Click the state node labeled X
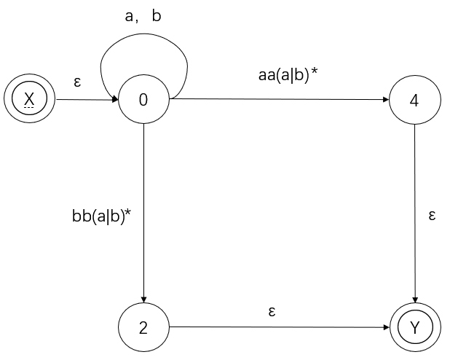coord(29,100)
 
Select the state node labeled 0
coord(143,100)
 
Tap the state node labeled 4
coord(414,100)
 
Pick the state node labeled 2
coord(143,327)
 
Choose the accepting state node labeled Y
coord(414,327)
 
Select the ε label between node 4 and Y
coord(432,216)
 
